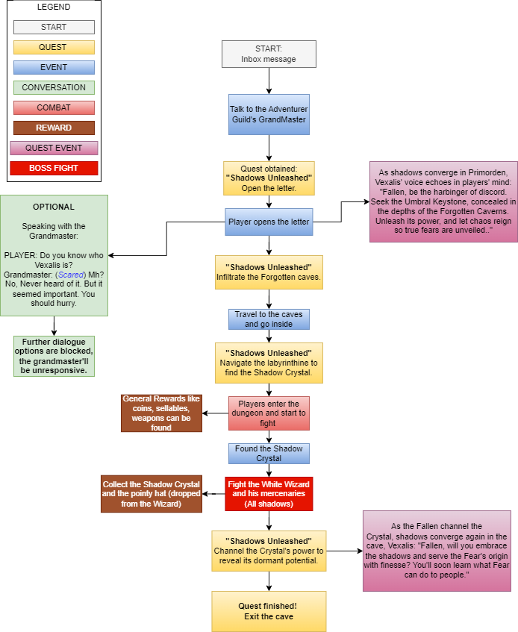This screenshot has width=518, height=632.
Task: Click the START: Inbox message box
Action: tap(269, 54)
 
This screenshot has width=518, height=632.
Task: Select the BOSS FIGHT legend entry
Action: tap(54, 168)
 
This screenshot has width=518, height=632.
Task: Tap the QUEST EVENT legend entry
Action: tap(54, 148)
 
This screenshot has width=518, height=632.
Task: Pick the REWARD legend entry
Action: tap(54, 128)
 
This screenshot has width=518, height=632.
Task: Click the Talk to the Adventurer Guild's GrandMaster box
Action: tap(269, 114)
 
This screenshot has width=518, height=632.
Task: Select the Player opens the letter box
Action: tap(269, 222)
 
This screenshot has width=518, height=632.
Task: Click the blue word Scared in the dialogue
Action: tap(71, 275)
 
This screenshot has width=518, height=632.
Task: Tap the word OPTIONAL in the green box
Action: tap(54, 207)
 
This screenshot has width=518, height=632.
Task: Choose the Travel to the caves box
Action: tap(269, 319)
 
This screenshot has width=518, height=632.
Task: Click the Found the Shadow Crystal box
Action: tap(269, 454)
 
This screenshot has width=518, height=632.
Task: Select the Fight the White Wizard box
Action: tap(269, 494)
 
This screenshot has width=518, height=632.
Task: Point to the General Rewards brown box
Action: tap(161, 413)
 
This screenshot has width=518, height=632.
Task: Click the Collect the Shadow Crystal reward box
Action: tap(152, 494)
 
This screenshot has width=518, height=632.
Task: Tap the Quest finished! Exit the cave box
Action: tap(269, 611)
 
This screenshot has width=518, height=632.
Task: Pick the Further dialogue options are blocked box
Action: tap(54, 357)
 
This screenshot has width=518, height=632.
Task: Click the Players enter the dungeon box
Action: tap(269, 413)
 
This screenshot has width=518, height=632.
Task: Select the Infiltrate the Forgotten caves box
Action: tap(269, 272)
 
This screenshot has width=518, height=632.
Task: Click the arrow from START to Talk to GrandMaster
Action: tap(269, 81)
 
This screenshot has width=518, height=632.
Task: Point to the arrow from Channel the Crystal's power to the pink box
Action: tap(344, 551)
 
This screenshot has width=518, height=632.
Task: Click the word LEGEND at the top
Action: tap(54, 7)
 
